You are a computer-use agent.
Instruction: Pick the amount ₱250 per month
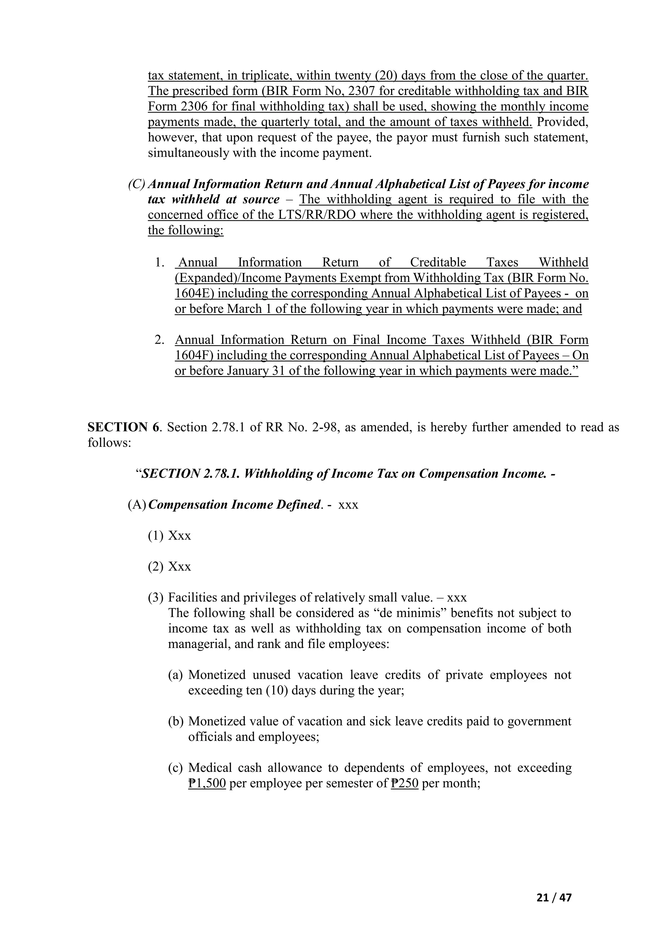pyautogui.click(x=404, y=783)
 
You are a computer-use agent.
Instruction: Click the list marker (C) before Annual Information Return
pyautogui.click(x=137, y=184)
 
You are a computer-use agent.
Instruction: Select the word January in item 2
pyautogui.click(x=249, y=371)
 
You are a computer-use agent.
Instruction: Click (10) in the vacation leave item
pyautogui.click(x=277, y=690)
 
